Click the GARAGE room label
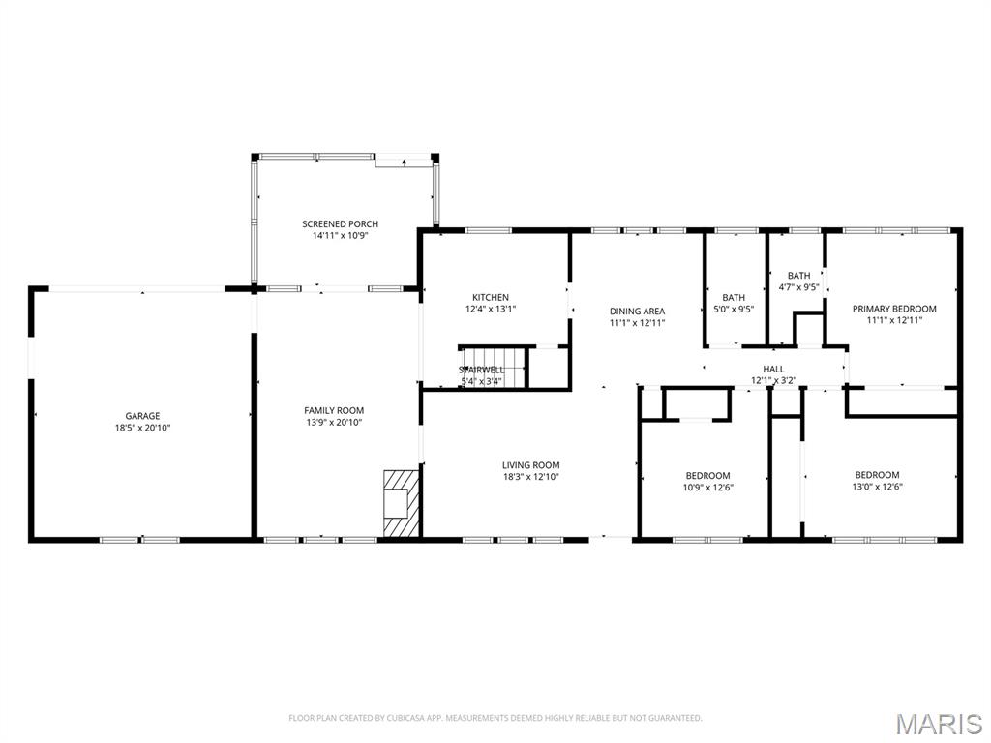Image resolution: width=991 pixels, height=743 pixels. pos(142,416)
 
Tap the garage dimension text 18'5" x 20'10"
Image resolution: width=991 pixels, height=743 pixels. pos(142,428)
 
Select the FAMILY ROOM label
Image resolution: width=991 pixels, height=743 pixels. pos(334,410)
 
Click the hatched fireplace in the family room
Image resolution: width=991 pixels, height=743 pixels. pos(400,503)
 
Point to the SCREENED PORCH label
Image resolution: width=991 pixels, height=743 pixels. pos(340,224)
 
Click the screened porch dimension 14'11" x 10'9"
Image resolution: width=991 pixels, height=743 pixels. pos(340,236)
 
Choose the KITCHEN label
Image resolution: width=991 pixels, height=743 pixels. pos(490,297)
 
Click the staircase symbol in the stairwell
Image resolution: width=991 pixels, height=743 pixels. pos(492,367)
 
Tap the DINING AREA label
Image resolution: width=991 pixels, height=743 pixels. pos(637,312)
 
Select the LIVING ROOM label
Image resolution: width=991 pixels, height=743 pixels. pos(530,465)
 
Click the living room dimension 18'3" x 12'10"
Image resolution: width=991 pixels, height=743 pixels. pos(530,477)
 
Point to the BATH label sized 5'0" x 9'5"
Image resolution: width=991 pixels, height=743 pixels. pos(734,297)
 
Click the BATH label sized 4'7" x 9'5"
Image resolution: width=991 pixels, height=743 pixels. pos(798,276)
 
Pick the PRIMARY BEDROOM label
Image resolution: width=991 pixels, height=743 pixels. pos(894,309)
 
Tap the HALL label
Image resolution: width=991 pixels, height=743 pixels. pos(773,369)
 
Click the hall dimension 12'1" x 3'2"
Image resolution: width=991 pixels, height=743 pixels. pos(773,380)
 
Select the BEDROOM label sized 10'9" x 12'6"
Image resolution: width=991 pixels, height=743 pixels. pos(707,475)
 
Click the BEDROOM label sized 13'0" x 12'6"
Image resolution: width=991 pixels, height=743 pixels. pos(877,474)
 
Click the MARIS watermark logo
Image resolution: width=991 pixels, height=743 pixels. pos(938,724)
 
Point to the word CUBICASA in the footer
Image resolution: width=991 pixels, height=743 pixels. pos(411,718)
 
